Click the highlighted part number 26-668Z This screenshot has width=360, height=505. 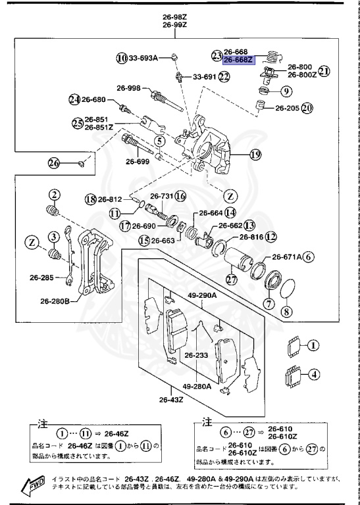pyautogui.click(x=238, y=60)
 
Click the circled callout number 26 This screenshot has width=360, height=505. pyautogui.click(x=53, y=163)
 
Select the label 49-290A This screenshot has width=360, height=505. pyautogui.click(x=201, y=295)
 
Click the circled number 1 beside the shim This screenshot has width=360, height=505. pyautogui.click(x=314, y=345)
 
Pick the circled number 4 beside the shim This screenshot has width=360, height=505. pyautogui.click(x=314, y=375)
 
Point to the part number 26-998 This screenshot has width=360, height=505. pyautogui.click(x=129, y=88)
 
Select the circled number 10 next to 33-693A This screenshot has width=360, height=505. pyautogui.click(x=122, y=58)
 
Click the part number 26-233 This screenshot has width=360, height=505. pyautogui.click(x=196, y=356)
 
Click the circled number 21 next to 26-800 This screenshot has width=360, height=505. pyautogui.click(x=324, y=70)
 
